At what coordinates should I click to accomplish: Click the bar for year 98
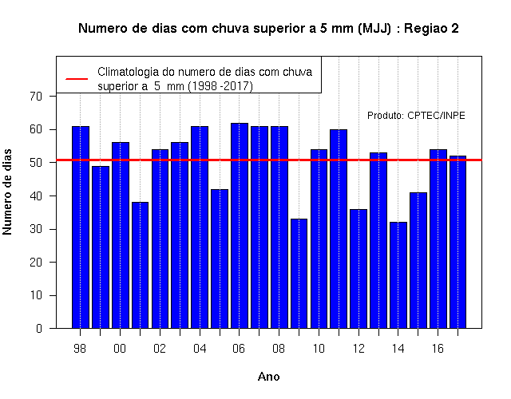click(x=81, y=227)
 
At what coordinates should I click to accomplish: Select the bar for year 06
click(x=240, y=225)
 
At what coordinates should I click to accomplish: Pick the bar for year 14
click(x=398, y=275)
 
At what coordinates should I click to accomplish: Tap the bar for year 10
click(x=319, y=239)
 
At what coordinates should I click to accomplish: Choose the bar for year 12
click(x=358, y=269)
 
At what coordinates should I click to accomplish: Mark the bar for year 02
click(x=160, y=239)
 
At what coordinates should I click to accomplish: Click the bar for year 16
click(x=438, y=239)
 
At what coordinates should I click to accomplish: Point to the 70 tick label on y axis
click(x=36, y=97)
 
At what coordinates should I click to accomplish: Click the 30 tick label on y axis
click(x=36, y=229)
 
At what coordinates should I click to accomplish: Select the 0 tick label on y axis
click(x=39, y=328)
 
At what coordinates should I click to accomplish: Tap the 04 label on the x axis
click(x=200, y=349)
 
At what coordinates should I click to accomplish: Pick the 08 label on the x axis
click(x=279, y=349)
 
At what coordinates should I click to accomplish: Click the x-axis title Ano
click(x=269, y=377)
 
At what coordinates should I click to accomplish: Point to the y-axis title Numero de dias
click(x=7, y=192)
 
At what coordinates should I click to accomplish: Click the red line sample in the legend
click(x=77, y=79)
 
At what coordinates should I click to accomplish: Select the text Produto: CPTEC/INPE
click(x=416, y=116)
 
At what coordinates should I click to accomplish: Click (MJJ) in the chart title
click(x=374, y=29)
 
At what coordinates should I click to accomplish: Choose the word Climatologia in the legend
click(x=127, y=72)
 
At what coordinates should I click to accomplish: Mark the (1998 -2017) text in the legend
click(x=220, y=86)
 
